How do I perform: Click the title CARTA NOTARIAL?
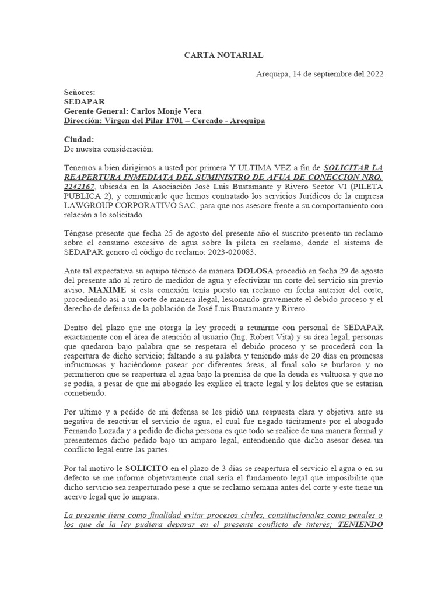[223, 55]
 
